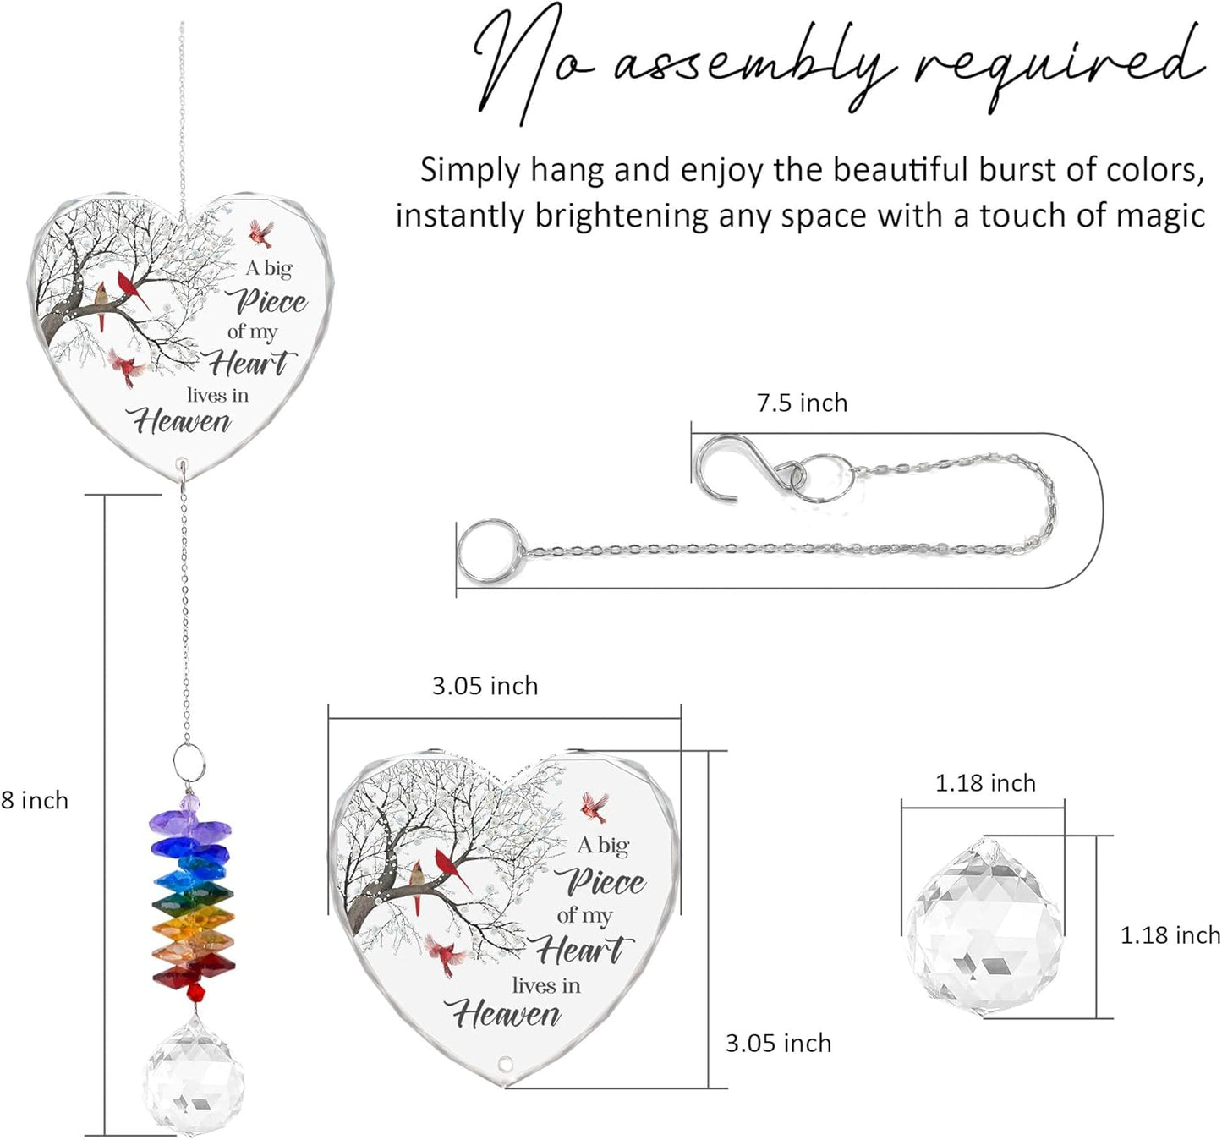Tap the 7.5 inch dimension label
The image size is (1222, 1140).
click(x=802, y=403)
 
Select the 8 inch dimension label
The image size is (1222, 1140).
click(x=35, y=800)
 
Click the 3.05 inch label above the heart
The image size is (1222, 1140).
click(x=485, y=686)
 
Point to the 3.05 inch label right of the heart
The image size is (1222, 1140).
click(x=778, y=1044)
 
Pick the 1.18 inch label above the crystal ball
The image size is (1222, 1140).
click(x=986, y=783)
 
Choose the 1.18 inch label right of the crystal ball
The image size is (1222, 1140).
click(x=1170, y=935)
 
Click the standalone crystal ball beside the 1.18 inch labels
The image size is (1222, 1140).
click(x=984, y=927)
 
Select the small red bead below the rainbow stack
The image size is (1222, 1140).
click(x=196, y=991)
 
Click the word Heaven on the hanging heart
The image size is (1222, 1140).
click(x=182, y=422)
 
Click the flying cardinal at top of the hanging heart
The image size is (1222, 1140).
click(x=260, y=233)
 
